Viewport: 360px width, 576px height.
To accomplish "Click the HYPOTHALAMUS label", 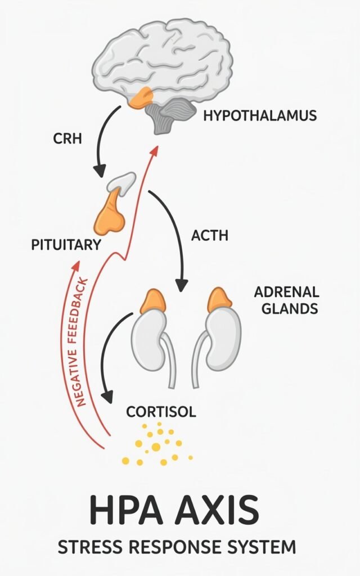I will point(260,116).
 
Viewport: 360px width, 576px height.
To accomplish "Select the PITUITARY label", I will point(67,245).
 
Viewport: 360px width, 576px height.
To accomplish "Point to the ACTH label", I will point(210,236).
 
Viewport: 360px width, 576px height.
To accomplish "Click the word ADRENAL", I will point(286,292).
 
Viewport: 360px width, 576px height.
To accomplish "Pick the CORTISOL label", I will point(161,412).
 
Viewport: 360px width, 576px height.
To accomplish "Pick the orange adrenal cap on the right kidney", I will point(219,300).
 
